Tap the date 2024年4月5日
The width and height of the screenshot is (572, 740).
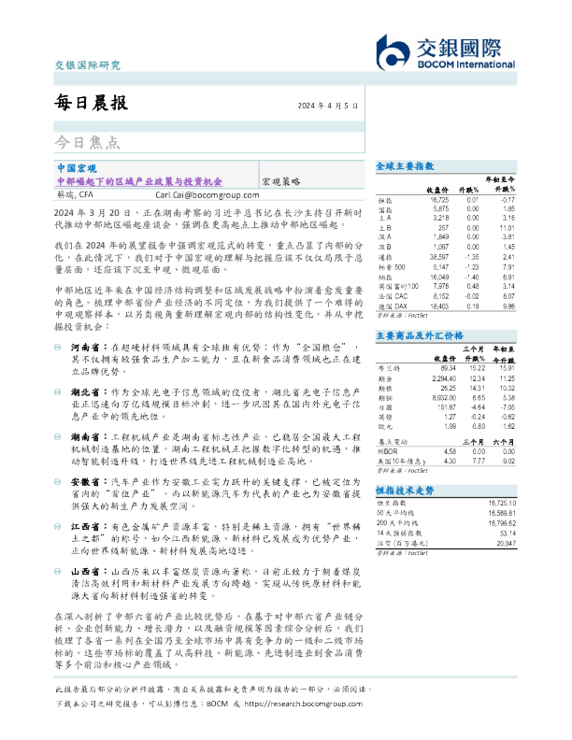point(328,106)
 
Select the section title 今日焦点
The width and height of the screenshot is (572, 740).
point(86,143)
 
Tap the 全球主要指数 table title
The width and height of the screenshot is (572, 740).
point(400,164)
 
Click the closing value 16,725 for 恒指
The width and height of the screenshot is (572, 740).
point(437,200)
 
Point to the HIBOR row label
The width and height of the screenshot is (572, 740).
point(385,450)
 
